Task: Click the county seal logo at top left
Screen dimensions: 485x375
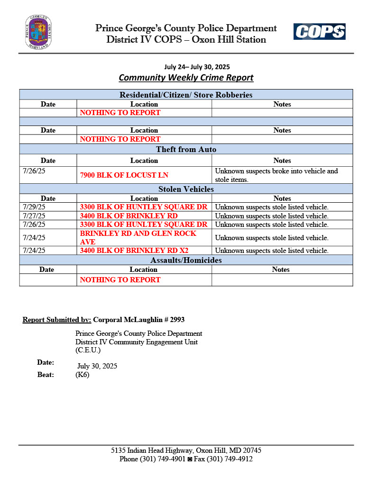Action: click(x=38, y=32)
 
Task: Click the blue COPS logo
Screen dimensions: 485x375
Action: click(x=319, y=32)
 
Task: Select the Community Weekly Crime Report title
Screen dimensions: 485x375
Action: click(x=186, y=78)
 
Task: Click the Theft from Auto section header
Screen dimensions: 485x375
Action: click(x=186, y=150)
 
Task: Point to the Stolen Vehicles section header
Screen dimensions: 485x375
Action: click(x=186, y=189)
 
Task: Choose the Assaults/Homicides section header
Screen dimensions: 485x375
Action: click(x=186, y=260)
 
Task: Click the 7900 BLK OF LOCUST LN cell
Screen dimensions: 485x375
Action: click(x=124, y=175)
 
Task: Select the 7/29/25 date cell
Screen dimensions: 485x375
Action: click(x=34, y=207)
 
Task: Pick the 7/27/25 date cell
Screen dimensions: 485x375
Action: click(x=34, y=216)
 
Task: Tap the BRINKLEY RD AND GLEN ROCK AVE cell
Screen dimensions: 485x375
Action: click(x=138, y=238)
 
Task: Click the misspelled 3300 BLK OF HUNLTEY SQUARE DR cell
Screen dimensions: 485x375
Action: click(x=144, y=225)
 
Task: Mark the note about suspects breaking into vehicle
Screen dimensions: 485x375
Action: click(x=276, y=175)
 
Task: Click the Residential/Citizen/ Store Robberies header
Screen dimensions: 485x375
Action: click(x=186, y=95)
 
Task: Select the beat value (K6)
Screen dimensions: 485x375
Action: click(x=82, y=375)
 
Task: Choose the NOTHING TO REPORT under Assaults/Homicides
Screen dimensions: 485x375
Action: click(x=120, y=280)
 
